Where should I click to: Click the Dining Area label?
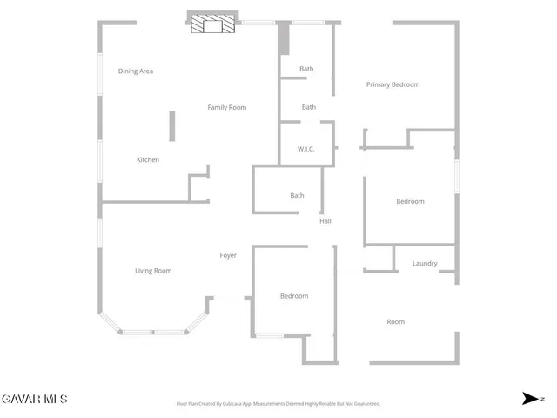pos(136,71)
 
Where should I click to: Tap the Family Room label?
pos(226,108)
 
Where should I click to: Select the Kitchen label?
pos(148,160)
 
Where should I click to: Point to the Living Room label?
pos(153,271)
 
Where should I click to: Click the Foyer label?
pos(228,255)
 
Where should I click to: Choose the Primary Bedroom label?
pos(393,84)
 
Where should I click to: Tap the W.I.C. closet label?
pos(305,150)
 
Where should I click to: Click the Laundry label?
pos(425,263)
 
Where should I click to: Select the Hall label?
pos(325,221)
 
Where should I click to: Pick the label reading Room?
pos(395,322)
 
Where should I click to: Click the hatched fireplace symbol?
pos(213,24)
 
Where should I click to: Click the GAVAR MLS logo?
pos(34,400)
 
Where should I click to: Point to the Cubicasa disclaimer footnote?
pos(278,404)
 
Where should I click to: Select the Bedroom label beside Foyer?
pos(294,296)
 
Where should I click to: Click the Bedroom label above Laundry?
pos(410,202)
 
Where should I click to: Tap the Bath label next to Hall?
pos(297,196)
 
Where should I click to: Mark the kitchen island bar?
pos(172,125)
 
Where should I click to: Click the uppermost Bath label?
pos(306,69)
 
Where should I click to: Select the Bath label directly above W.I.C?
pos(308,107)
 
